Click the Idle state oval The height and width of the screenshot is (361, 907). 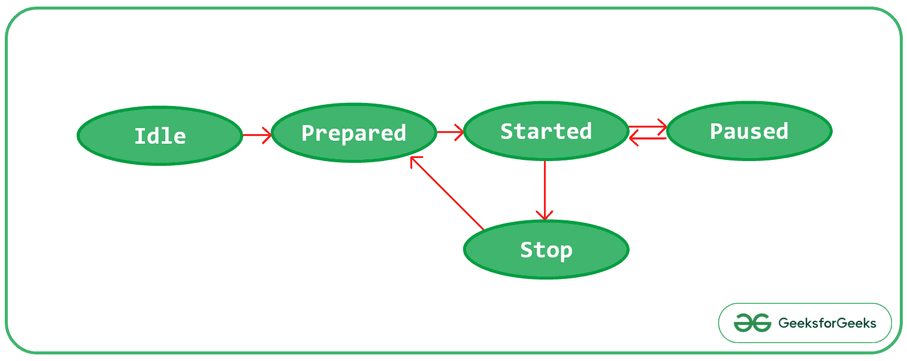tap(159, 135)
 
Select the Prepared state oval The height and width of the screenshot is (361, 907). tap(353, 133)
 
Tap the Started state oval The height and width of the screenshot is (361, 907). tap(546, 131)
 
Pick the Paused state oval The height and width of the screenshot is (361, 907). tap(749, 131)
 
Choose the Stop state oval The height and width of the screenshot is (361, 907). tap(546, 250)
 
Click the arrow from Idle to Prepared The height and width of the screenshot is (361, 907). tap(256, 135)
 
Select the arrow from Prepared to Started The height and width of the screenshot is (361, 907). tap(450, 132)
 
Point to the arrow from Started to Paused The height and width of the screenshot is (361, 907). tap(647, 126)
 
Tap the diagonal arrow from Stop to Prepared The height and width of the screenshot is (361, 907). tap(446, 193)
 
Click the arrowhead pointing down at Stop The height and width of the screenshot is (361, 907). tap(545, 215)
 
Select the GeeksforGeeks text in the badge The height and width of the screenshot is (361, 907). tap(827, 323)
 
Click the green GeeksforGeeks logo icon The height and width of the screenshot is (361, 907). tap(752, 323)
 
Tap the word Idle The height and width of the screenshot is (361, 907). tap(159, 136)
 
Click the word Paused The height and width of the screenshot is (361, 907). tap(749, 131)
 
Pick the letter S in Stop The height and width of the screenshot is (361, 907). tap(526, 250)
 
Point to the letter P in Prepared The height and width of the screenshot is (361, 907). tap(307, 133)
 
